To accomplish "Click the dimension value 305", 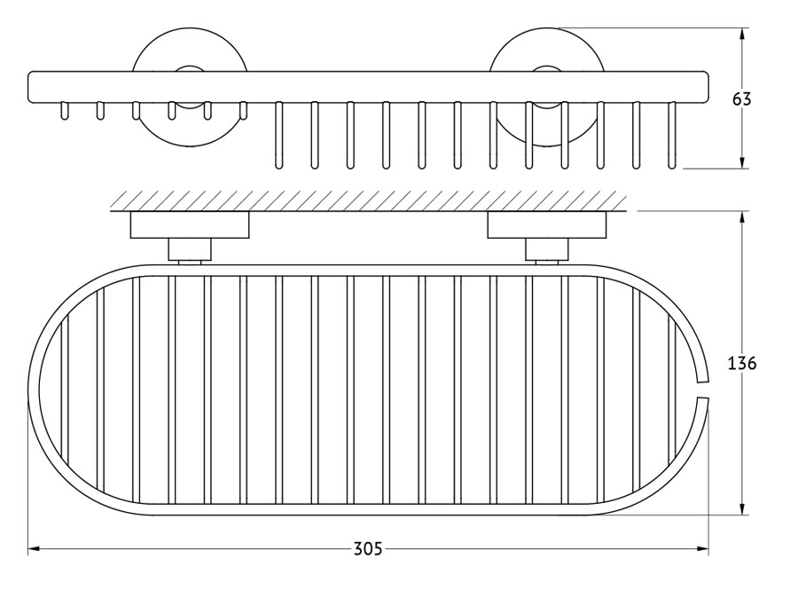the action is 367,549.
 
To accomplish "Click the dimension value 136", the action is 742,363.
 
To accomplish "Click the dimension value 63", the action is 741,98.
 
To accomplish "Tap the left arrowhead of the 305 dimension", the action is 34,549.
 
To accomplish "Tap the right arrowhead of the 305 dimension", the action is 702,549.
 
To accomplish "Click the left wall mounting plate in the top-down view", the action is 190,224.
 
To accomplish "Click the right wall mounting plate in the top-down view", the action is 547,224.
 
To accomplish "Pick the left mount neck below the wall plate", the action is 190,250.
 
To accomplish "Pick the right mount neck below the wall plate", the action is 547,250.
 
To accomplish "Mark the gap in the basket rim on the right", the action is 702,389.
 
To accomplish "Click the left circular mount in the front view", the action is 190,88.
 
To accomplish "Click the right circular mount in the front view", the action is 547,88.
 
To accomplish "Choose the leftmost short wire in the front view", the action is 64,111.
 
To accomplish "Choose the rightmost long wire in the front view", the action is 672,136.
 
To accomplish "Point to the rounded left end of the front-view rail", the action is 30,88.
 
